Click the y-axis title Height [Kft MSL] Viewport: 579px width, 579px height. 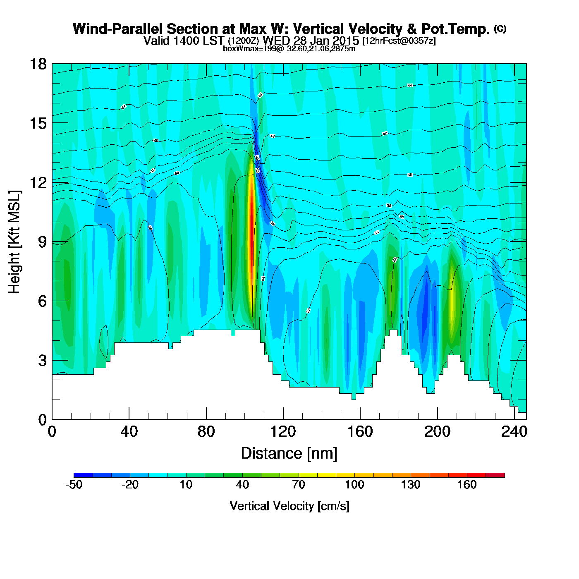point(14,242)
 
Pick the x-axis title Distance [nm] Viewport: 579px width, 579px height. point(289,454)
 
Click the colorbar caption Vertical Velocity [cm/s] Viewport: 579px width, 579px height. point(289,506)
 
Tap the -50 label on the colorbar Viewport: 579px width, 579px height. point(74,485)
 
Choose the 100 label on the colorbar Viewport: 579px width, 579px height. point(354,485)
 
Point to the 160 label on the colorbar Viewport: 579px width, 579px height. point(467,485)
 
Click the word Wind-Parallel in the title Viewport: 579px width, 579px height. point(118,29)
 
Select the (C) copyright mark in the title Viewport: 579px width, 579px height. point(500,29)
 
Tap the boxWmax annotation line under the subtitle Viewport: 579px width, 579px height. point(289,49)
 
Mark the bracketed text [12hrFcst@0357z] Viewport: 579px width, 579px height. point(399,41)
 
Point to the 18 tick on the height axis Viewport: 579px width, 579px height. point(52,64)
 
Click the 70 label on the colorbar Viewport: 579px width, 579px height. point(298,485)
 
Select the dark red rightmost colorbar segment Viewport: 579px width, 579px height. point(495,475)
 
